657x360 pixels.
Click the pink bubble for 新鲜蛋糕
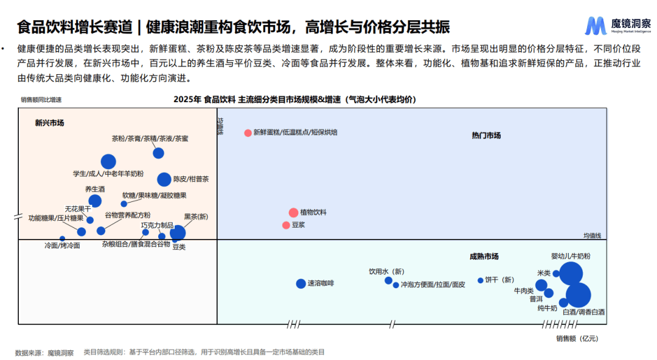(248, 133)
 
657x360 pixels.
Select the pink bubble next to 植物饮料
(293, 212)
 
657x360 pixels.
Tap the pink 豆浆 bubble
(286, 225)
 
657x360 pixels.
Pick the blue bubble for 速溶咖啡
(301, 283)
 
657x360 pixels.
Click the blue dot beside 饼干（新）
(480, 280)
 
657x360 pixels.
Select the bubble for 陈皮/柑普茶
(164, 179)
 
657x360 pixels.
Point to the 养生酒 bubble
(95, 201)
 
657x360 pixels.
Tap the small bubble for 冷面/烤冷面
(62, 238)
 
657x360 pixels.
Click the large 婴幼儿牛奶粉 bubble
(571, 272)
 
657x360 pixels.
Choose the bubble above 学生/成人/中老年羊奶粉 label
(108, 161)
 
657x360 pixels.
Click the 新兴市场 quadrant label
(49, 123)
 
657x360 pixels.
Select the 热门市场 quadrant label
(486, 136)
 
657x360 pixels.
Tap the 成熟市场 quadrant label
(484, 257)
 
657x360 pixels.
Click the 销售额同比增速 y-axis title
(41, 100)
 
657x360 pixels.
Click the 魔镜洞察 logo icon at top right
(596, 26)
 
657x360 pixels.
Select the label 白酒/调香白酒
(583, 312)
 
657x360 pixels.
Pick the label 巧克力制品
(157, 225)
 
